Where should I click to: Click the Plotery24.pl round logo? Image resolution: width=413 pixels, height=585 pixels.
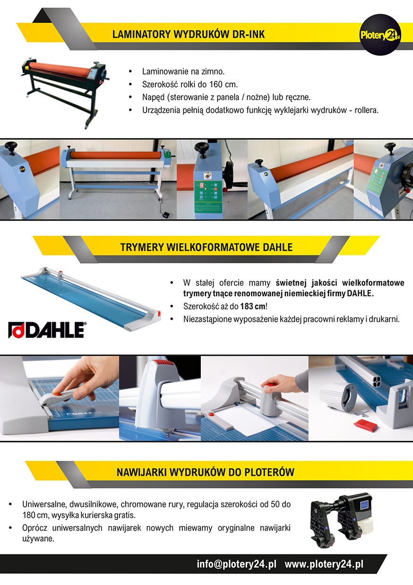380,34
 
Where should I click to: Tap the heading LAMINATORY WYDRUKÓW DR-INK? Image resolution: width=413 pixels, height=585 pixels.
189,34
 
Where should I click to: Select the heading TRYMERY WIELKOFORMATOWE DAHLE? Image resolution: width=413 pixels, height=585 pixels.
206,247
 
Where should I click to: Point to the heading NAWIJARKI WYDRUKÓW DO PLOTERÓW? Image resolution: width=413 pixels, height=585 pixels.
206,472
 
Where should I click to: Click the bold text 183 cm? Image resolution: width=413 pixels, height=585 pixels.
252,306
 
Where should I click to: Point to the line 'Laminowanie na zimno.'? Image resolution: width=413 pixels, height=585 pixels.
183,71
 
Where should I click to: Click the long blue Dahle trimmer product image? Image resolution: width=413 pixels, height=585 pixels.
91,297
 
